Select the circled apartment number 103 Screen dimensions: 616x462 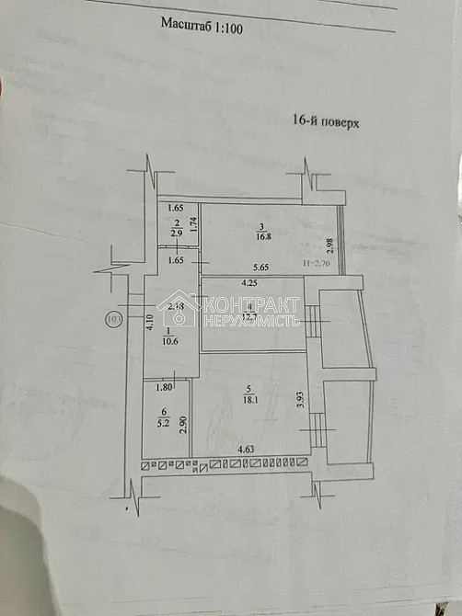(114, 319)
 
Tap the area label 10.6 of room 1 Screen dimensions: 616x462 (168, 343)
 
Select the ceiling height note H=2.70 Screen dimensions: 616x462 (318, 265)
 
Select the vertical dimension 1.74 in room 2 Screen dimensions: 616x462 (193, 222)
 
